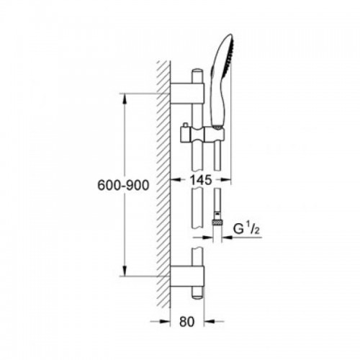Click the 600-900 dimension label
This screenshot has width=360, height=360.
[123, 185]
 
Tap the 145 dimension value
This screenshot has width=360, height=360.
[201, 180]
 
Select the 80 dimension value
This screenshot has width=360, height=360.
[186, 322]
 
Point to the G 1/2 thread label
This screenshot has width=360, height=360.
[246, 230]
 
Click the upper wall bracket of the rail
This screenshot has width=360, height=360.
[187, 94]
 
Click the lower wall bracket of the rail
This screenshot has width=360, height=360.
[187, 276]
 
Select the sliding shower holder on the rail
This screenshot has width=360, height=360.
[202, 135]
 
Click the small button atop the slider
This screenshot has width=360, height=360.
[185, 125]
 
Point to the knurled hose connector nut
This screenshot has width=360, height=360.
[217, 222]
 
